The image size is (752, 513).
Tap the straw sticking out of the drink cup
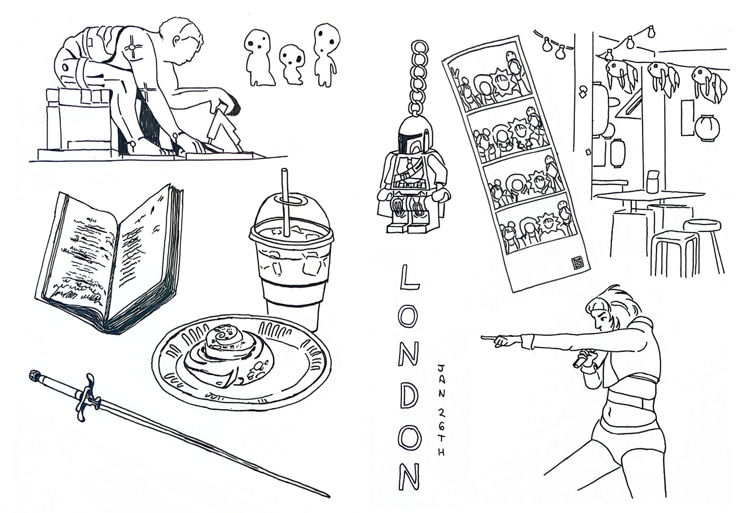(x=285, y=201)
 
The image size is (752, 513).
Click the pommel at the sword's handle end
(x=34, y=374)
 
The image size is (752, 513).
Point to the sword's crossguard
(x=87, y=397)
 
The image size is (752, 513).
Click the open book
(x=111, y=258)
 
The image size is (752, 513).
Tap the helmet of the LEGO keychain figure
(x=414, y=136)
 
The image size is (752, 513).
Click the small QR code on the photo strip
(x=578, y=262)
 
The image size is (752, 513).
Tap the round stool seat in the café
(x=701, y=225)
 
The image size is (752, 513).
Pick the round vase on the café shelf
(x=707, y=128)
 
